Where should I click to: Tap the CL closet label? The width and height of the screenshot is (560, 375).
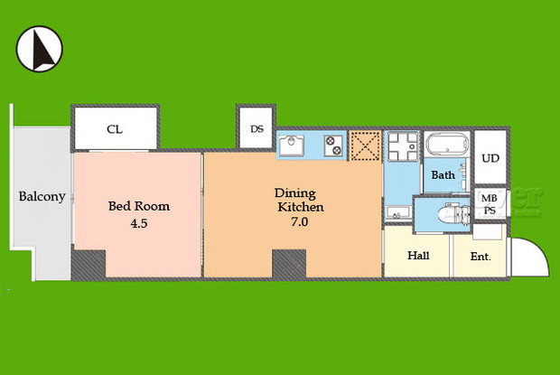pyautogui.click(x=115, y=129)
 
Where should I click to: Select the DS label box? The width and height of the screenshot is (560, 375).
pyautogui.click(x=257, y=129)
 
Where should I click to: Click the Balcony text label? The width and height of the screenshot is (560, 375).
pyautogui.click(x=42, y=196)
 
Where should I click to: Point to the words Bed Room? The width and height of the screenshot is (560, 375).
pyautogui.click(x=139, y=206)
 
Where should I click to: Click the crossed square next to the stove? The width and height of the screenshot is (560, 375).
pyautogui.click(x=365, y=146)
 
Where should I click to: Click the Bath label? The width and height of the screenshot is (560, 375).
pyautogui.click(x=443, y=175)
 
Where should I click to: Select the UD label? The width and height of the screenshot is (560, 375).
pyautogui.click(x=490, y=158)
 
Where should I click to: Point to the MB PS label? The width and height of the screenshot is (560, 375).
pyautogui.click(x=489, y=204)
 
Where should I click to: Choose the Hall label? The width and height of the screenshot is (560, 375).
pyautogui.click(x=418, y=256)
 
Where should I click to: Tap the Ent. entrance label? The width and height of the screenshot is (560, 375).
pyautogui.click(x=480, y=257)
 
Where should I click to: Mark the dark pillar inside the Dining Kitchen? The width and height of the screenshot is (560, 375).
pyautogui.click(x=289, y=264)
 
